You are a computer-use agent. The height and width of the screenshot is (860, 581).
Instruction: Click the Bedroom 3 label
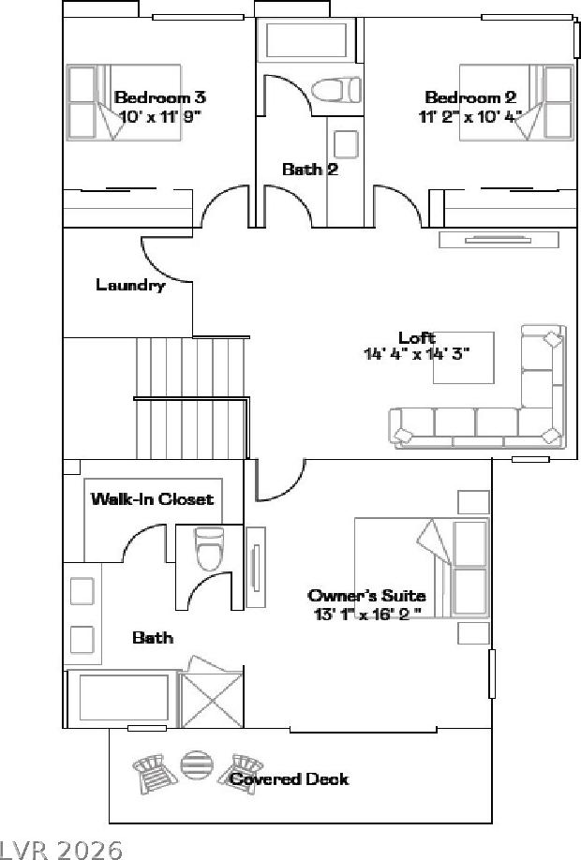coord(160,97)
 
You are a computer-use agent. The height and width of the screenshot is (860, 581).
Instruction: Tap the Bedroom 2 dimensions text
coord(470,117)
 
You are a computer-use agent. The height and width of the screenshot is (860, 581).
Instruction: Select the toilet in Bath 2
coord(336,89)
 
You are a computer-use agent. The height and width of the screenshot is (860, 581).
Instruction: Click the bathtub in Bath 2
coord(306,40)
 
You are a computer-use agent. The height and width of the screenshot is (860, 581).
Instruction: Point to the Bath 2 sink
coord(346,143)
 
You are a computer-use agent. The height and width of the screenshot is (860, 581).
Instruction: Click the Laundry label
coord(130,285)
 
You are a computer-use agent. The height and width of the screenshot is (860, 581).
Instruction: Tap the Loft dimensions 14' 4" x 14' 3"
coord(417,354)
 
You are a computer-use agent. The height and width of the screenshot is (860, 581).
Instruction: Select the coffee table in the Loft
coord(464,358)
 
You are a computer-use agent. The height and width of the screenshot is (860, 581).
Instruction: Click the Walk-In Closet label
coord(152,498)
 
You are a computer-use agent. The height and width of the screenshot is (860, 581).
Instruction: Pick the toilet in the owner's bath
coord(210,548)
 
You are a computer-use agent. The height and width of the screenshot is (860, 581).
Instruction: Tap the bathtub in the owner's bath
coord(124,697)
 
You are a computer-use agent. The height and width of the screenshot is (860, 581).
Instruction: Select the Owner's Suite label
coord(366,595)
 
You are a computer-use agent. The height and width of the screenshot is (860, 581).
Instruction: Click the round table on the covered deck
coord(197,765)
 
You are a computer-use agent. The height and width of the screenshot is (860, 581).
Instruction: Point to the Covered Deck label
coord(290,778)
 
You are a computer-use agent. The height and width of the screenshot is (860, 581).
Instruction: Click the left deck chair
coord(155,773)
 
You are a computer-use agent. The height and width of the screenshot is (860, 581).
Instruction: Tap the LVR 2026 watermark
coord(61,850)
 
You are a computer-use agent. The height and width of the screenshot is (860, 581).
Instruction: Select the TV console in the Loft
coord(499,240)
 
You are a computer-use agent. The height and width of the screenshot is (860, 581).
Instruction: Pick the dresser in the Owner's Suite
coord(256,567)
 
